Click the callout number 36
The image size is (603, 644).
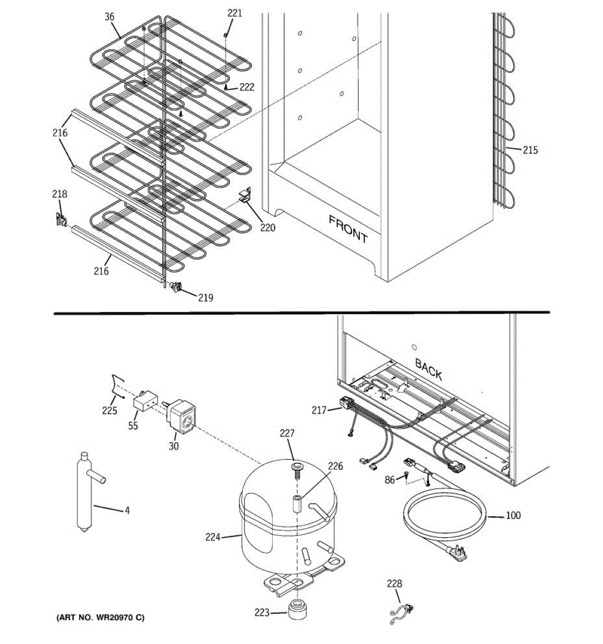coord(109,17)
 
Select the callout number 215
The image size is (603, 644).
coord(530,150)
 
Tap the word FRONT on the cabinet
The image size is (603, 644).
coord(348,229)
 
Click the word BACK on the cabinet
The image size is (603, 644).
coord(428,369)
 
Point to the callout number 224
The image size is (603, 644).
coord(213,537)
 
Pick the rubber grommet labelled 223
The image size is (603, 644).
coord(297,610)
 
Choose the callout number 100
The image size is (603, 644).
coord(513,515)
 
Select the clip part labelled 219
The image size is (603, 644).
coord(175,287)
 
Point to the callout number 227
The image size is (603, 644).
coord(287,433)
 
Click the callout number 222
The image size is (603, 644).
coord(247,87)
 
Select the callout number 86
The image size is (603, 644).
coord(390,480)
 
